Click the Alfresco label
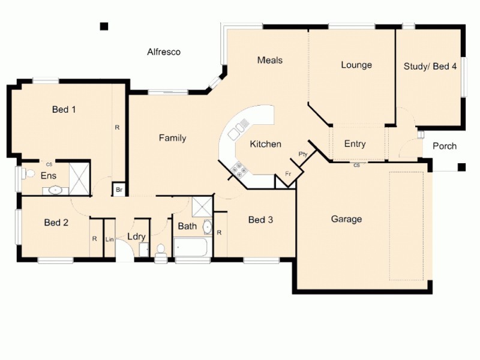click(164, 52)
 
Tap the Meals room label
click(269, 60)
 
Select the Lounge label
click(356, 65)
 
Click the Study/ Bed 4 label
click(430, 66)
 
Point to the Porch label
click(444, 146)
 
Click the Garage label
click(346, 219)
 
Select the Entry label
click(355, 144)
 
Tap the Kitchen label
click(265, 144)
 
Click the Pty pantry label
click(302, 154)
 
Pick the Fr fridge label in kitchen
click(288, 174)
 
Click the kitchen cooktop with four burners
click(239, 170)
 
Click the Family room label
click(172, 138)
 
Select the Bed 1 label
click(64, 109)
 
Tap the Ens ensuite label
click(49, 176)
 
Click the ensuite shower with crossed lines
click(79, 175)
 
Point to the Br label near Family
click(119, 190)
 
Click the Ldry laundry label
click(136, 237)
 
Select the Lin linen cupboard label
click(110, 239)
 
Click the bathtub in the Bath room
click(190, 246)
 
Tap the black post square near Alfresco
click(104, 26)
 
